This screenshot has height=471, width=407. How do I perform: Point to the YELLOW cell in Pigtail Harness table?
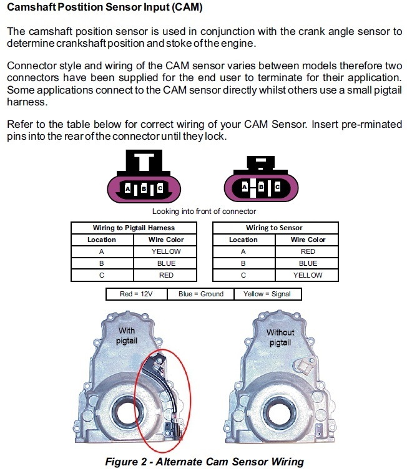point(166,251)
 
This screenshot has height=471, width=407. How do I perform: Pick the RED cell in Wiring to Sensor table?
point(308,251)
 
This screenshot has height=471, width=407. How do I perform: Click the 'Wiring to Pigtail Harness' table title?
point(134,228)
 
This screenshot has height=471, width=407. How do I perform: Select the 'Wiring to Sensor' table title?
point(274,228)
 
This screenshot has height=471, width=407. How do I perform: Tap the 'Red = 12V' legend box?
point(135,294)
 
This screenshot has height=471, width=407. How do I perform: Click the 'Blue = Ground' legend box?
point(200,294)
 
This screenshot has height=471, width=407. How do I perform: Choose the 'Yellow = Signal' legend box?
point(267,294)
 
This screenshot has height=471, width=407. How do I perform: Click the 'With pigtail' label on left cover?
point(127,336)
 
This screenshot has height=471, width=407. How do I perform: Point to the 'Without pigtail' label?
point(280,337)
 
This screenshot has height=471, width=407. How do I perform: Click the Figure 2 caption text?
point(203,462)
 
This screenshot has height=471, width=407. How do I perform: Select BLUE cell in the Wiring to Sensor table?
point(308,263)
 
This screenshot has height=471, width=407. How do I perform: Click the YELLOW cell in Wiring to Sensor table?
point(308,275)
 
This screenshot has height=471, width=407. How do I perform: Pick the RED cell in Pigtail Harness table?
point(166,275)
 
